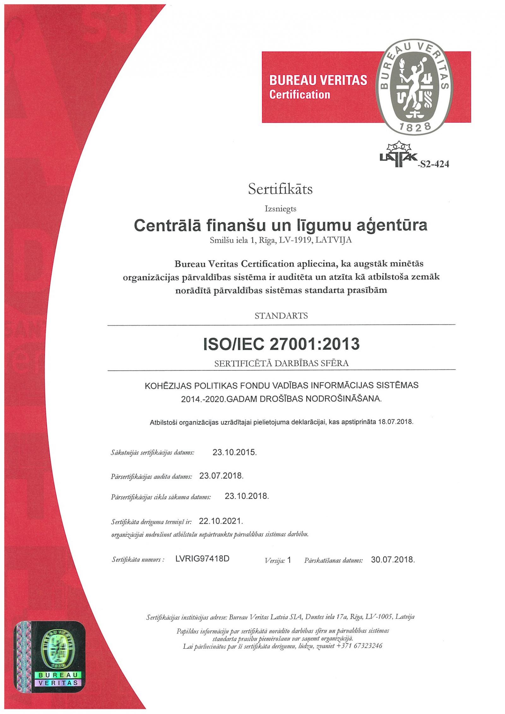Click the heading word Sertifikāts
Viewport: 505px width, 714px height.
pyautogui.click(x=280, y=189)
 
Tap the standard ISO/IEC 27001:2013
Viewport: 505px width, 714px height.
pyautogui.click(x=281, y=344)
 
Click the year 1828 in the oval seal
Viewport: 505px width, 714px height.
pyautogui.click(x=419, y=127)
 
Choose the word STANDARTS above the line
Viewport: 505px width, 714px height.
pyautogui.click(x=281, y=316)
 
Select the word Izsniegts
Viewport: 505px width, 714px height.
pyautogui.click(x=281, y=208)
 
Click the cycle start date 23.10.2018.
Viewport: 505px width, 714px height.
pyautogui.click(x=247, y=496)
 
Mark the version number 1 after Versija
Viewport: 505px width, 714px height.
pyautogui.click(x=289, y=560)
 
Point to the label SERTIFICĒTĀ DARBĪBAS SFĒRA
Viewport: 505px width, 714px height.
pyautogui.click(x=281, y=363)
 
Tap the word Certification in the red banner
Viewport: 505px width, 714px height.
pyautogui.click(x=300, y=94)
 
